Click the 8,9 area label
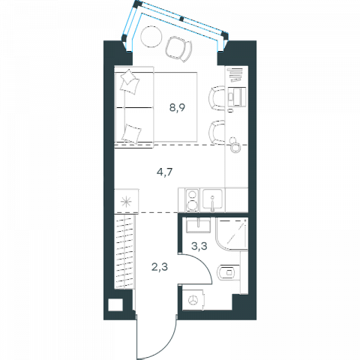click(177, 108)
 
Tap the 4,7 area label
click(165, 172)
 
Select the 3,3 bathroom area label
click(199, 246)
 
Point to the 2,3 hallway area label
click(160, 267)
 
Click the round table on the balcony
click(151, 37)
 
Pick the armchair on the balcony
click(178, 49)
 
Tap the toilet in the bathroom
click(228, 272)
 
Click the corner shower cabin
click(232, 234)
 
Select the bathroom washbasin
click(198, 224)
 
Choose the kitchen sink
click(212, 199)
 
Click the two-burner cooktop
click(192, 201)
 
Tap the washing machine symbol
click(193, 300)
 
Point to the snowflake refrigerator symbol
click(126, 202)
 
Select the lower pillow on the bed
click(131, 133)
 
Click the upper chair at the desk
click(217, 98)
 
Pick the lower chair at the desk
click(217, 133)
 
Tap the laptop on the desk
click(237, 97)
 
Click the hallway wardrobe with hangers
click(124, 252)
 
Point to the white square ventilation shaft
click(115, 304)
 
